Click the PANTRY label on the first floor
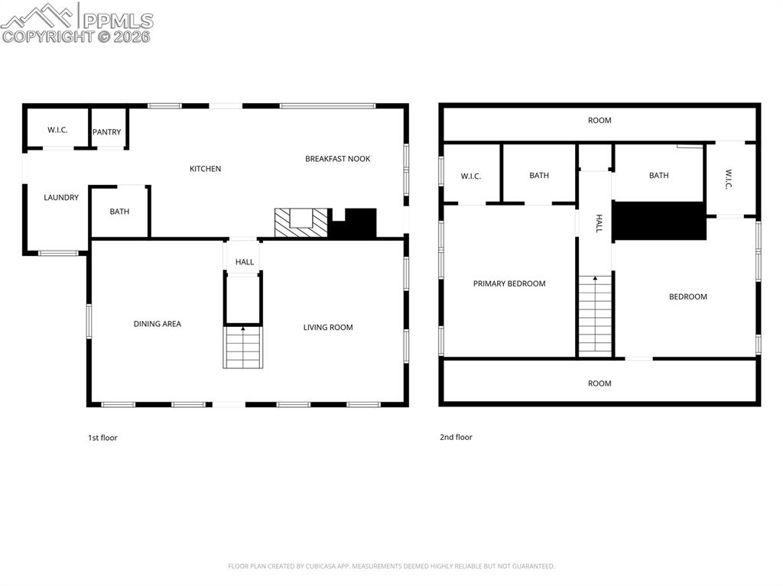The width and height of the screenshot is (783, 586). [x=107, y=132]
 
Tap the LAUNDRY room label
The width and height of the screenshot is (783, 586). [x=61, y=198]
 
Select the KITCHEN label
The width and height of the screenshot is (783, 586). [x=205, y=169]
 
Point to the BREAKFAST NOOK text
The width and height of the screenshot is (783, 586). [x=337, y=159]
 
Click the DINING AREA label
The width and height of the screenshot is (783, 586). [x=158, y=324]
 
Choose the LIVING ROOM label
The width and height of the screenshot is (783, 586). [x=328, y=328]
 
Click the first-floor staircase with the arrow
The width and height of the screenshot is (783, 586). [x=243, y=348]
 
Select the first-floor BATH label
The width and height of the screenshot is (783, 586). [x=119, y=212]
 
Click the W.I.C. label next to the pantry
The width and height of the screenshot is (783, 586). [x=57, y=130]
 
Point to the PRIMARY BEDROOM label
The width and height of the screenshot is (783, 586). [x=509, y=283]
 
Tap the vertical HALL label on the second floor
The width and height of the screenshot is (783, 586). [x=599, y=223]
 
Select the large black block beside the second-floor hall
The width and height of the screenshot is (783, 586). [x=659, y=221]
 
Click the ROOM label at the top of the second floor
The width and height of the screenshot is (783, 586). [x=599, y=121]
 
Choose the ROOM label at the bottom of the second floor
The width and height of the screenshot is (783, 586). [x=599, y=384]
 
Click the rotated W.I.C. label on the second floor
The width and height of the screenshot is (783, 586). [x=729, y=180]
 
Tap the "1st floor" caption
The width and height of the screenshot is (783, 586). [x=102, y=438]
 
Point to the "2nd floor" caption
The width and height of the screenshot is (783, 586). [x=456, y=438]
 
